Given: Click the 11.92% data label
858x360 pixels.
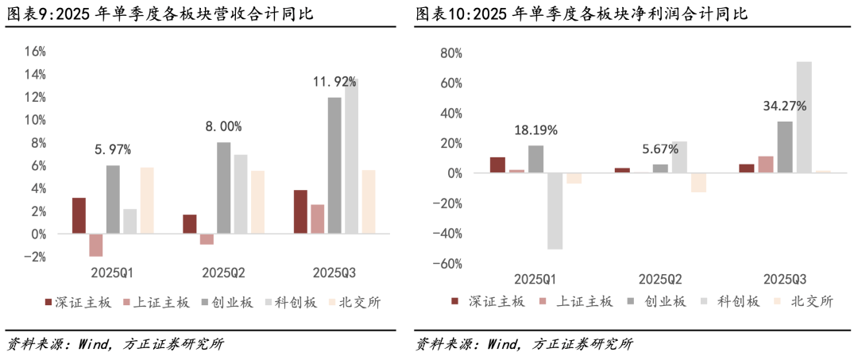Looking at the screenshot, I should point(334,82).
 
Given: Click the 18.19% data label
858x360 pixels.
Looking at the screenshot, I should point(535,130).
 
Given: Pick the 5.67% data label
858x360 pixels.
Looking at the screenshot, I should point(660,149).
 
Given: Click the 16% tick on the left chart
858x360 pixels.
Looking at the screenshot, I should point(36,52).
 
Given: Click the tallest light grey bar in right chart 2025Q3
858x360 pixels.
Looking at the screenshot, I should point(804,117).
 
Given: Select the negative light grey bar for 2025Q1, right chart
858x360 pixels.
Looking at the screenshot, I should point(555,211).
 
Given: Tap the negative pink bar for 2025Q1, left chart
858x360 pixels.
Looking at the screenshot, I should point(96,245).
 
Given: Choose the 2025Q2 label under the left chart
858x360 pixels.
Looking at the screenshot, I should point(223,273).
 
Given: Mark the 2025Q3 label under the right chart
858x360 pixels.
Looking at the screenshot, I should point(785,280).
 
